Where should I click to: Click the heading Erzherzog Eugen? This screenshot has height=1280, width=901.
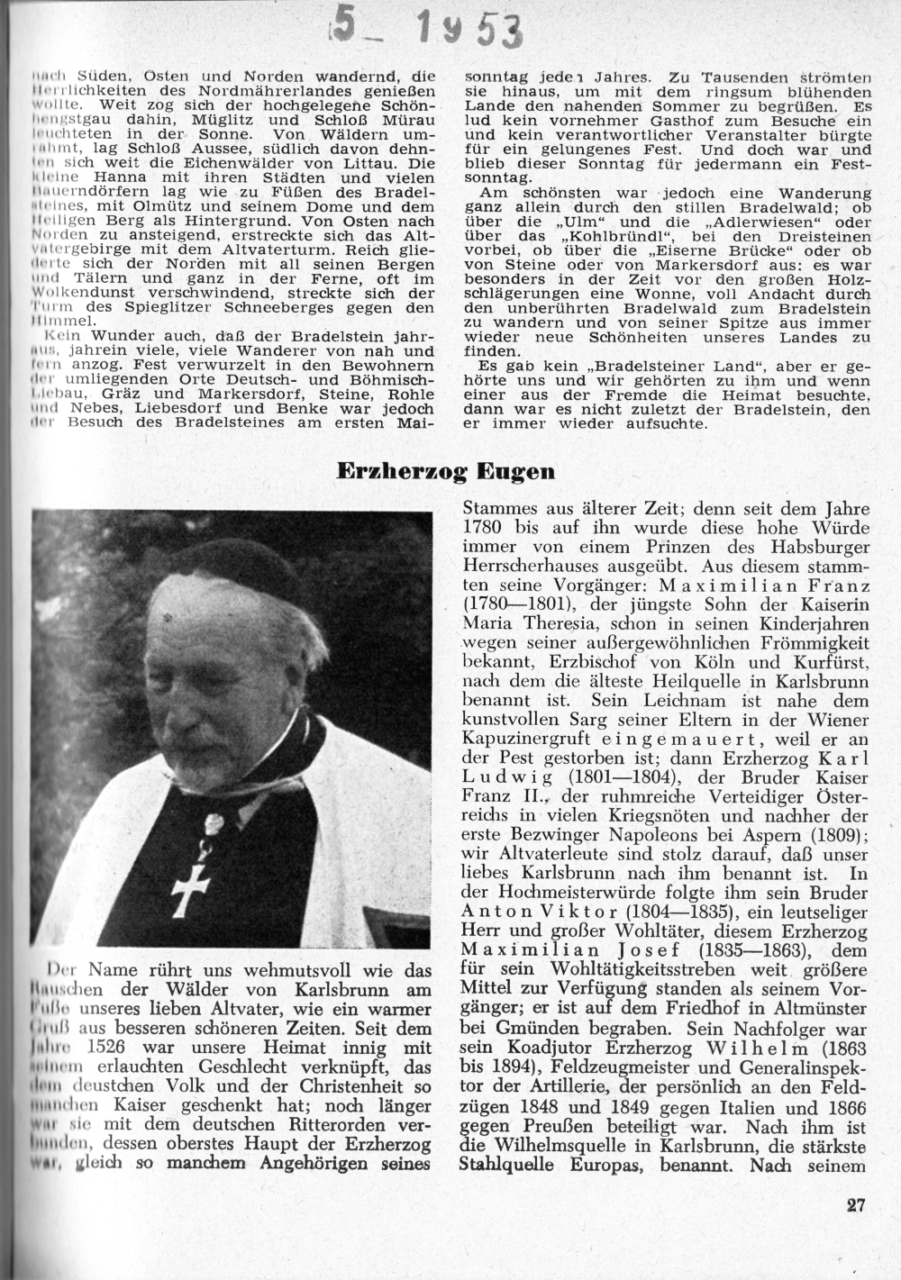[446, 471]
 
